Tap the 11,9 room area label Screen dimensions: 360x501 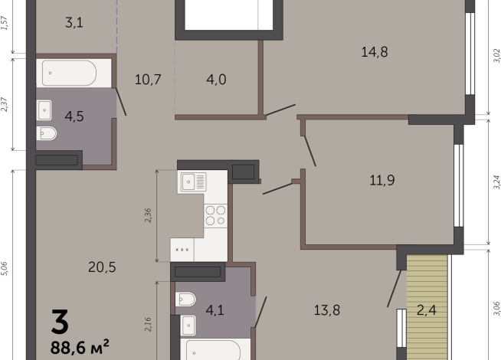click(381, 181)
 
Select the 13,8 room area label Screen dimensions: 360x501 click(327, 310)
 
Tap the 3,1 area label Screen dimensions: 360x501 click(74, 23)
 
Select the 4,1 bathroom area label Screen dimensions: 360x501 click(214, 310)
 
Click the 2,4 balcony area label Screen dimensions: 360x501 click(427, 310)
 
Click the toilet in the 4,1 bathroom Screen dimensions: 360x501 click(187, 299)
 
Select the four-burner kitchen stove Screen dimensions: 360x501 click(215, 216)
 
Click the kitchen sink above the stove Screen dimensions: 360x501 click(193, 182)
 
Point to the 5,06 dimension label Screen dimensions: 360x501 click(5, 268)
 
